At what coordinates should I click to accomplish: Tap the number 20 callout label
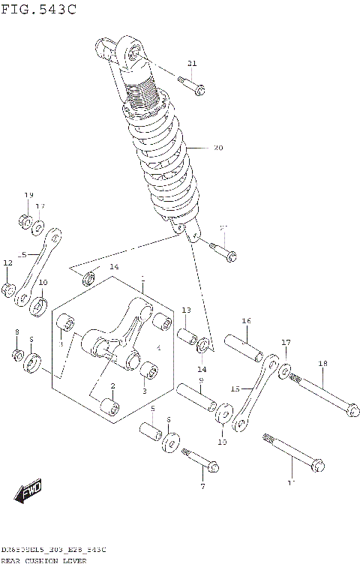[x=218, y=148]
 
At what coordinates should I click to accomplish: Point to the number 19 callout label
[x=28, y=196]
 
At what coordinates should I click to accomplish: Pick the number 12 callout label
[x=8, y=263]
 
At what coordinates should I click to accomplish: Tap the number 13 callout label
[x=186, y=310]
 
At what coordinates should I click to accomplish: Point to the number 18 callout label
[x=322, y=364]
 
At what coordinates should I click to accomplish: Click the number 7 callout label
[x=202, y=487]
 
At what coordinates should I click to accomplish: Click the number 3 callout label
[x=145, y=391]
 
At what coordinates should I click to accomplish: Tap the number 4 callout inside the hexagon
[x=158, y=348]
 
